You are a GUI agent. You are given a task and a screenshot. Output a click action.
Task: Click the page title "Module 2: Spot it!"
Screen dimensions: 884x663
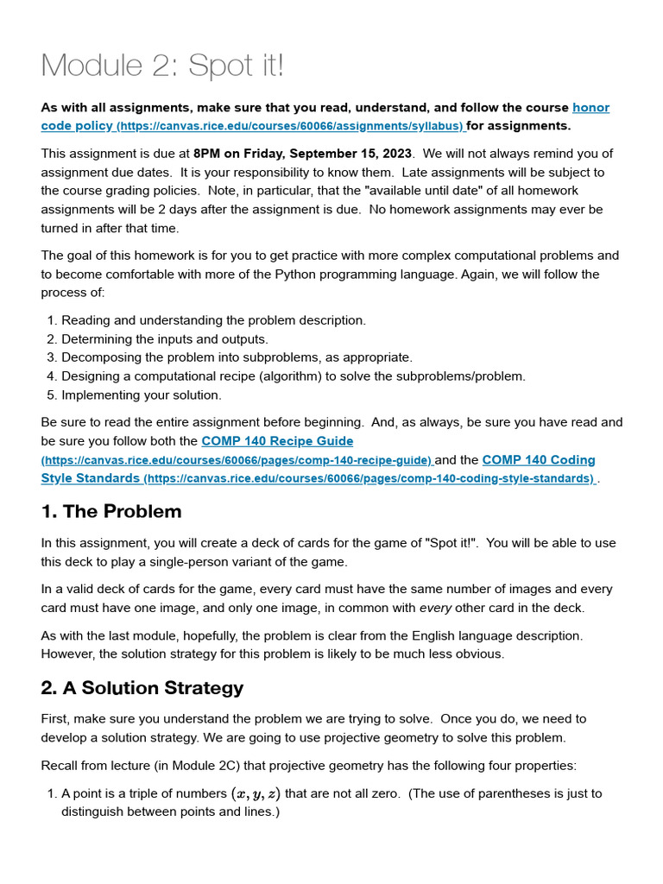point(162,66)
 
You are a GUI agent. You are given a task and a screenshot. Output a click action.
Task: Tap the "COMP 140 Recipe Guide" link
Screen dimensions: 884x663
point(277,441)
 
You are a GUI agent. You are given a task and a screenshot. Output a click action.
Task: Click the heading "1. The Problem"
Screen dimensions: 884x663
point(111,511)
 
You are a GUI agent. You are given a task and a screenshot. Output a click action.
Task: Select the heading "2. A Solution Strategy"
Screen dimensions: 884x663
point(142,688)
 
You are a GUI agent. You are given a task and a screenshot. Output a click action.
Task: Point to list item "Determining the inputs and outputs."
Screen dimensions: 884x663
point(164,339)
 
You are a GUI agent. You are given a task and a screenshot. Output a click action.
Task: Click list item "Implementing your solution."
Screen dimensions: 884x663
point(141,395)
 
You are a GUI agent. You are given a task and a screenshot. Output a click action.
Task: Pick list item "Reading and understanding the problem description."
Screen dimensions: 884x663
point(213,320)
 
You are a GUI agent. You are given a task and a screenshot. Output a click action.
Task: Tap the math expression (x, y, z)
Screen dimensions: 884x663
point(255,793)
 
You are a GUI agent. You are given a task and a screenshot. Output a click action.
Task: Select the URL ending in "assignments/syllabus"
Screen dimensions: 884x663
point(290,127)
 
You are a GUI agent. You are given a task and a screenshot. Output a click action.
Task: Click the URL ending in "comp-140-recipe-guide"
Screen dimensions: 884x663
point(237,461)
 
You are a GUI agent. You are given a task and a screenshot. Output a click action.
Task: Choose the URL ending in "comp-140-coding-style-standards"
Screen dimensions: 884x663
point(369,479)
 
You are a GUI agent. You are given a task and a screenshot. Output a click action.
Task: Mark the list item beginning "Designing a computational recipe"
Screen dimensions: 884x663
point(293,376)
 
